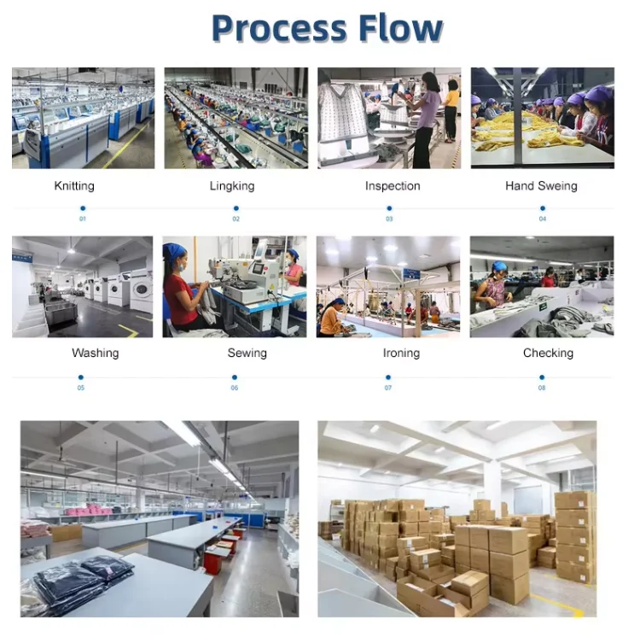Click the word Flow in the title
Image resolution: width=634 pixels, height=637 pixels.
401,29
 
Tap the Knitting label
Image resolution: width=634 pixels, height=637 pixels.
74,185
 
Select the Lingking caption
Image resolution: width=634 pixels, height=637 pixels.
231,185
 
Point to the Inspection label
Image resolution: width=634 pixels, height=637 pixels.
393,185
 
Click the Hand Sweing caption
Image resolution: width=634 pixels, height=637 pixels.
541,185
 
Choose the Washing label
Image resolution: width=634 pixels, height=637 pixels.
95,353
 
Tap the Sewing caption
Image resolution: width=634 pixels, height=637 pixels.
247,353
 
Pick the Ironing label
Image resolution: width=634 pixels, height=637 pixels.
401,353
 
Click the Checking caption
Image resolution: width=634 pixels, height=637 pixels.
548,353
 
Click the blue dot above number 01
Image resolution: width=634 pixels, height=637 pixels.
83,207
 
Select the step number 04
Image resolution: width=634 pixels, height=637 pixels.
542,219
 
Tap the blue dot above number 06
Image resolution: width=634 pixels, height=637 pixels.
235,377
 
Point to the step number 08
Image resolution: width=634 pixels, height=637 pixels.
542,389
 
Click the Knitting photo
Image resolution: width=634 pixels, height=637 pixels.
83,118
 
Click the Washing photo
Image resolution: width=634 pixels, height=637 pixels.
82,287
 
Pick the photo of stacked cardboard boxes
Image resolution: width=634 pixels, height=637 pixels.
457,518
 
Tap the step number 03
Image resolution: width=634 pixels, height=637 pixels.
389,219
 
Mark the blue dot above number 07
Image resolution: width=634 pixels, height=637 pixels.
388,377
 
